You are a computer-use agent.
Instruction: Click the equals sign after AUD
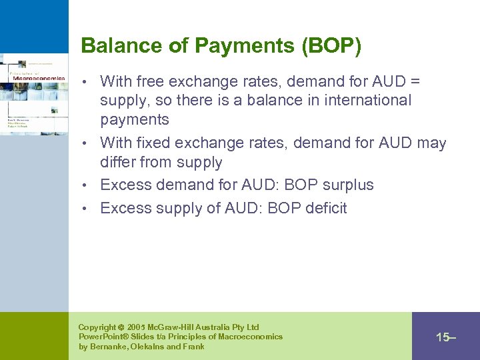click(x=415, y=82)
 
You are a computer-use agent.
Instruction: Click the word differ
click(x=119, y=162)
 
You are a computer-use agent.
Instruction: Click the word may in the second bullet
click(x=432, y=143)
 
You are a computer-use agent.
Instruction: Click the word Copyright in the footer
click(x=97, y=327)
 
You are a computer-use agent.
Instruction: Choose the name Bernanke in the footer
click(x=109, y=347)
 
